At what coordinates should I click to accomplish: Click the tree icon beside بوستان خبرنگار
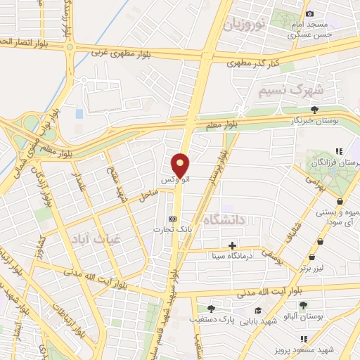(314, 109)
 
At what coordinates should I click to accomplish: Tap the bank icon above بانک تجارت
(173, 218)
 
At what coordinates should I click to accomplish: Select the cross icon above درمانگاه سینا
(232, 245)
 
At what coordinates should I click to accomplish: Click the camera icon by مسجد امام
(310, 13)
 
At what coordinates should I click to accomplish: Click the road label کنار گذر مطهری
(254, 63)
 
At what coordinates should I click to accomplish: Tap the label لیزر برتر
(314, 268)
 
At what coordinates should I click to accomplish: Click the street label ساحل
(148, 195)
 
